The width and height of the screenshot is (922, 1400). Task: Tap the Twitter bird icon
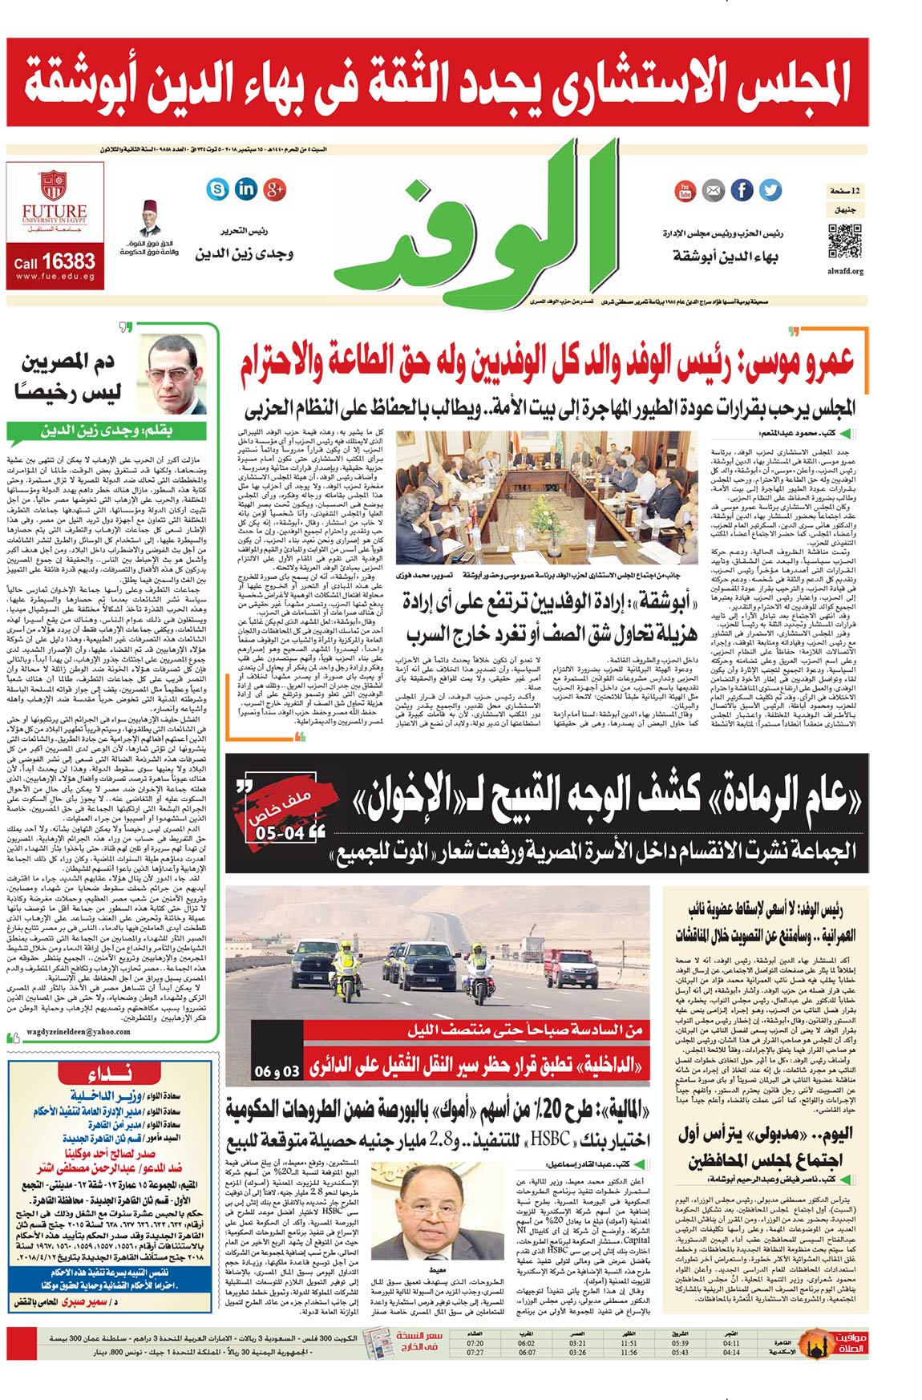[770, 190]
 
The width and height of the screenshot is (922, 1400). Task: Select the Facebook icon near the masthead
[742, 190]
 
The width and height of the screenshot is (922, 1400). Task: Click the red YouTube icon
[685, 190]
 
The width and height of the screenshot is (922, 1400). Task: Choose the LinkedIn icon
[246, 189]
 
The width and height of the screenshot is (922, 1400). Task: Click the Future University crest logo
[54, 184]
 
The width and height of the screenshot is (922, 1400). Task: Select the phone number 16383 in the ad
[68, 261]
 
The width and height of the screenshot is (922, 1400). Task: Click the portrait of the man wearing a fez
[149, 220]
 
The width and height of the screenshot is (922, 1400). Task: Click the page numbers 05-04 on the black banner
[280, 833]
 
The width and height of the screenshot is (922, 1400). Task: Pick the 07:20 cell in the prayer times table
[475, 1342]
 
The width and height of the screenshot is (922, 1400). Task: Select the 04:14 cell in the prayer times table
[731, 1352]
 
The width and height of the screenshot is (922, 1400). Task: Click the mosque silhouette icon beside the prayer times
[817, 1347]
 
